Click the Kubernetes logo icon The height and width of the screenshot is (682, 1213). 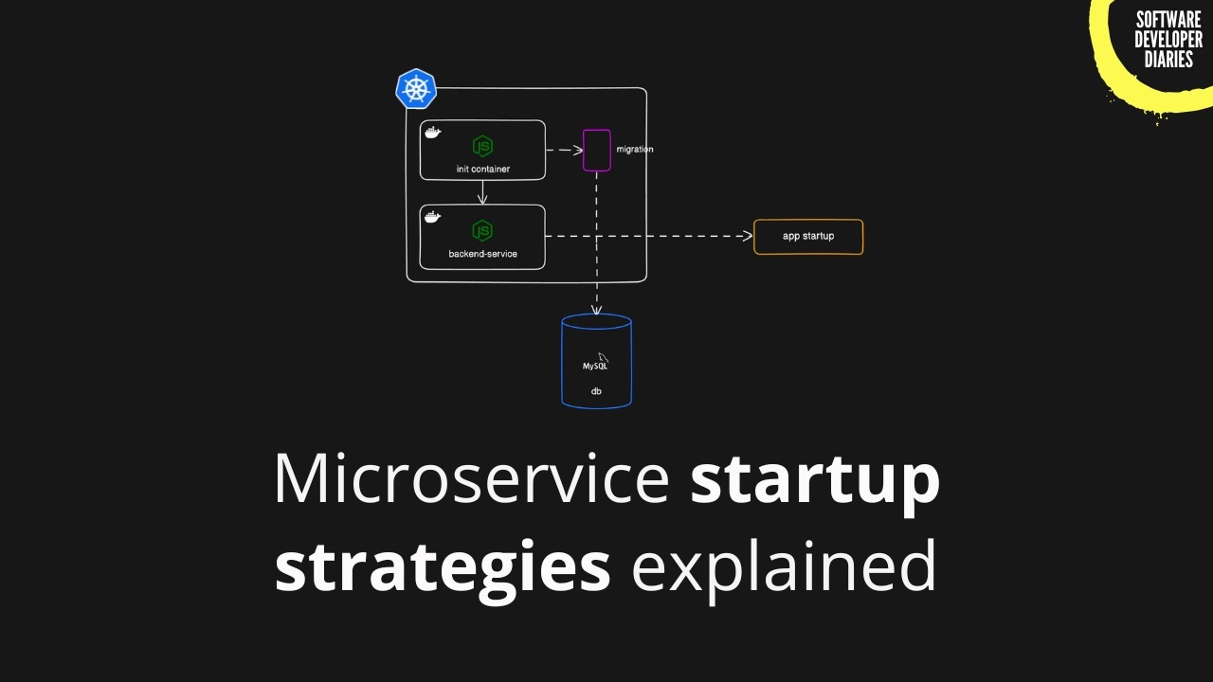[415, 89]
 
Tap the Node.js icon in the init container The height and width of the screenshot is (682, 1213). [482, 146]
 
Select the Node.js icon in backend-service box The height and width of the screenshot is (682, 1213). [482, 230]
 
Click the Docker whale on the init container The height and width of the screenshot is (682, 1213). [432, 133]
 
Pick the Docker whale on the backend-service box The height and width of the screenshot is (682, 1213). [432, 217]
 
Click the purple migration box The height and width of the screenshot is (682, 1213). [596, 150]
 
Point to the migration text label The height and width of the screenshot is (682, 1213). [634, 150]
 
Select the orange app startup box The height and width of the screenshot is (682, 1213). [808, 237]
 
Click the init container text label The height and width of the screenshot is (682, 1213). [482, 170]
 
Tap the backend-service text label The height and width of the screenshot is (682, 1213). [482, 254]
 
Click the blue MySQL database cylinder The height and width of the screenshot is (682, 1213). [596, 361]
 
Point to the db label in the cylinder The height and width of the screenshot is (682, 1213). [596, 391]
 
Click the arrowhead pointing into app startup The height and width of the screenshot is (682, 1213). [747, 236]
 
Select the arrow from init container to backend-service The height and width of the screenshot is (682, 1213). [482, 192]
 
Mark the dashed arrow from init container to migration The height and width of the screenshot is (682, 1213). [564, 150]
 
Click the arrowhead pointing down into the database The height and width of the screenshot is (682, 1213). [596, 309]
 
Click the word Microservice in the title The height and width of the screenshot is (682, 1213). [471, 479]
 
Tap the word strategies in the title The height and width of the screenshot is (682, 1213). [442, 565]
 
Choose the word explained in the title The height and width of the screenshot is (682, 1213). [784, 565]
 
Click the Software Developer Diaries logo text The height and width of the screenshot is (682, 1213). [1168, 40]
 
